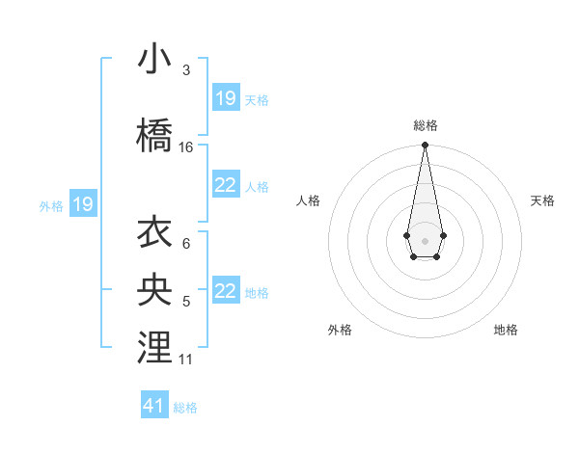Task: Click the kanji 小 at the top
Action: [155, 60]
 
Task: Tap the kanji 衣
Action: [155, 233]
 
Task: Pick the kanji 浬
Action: [155, 348]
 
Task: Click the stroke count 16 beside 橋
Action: [185, 147]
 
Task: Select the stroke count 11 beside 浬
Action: [185, 360]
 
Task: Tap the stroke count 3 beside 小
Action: [185, 70]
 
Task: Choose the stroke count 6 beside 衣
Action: [185, 244]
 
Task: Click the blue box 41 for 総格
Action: [154, 406]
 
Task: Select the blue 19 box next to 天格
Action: [226, 97]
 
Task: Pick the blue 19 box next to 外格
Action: [83, 203]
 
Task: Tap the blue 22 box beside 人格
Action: [226, 185]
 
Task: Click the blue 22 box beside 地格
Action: [226, 291]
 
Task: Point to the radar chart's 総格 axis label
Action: [425, 125]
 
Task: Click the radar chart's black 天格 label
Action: [542, 200]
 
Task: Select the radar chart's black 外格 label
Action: [340, 330]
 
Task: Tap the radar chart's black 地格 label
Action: [506, 330]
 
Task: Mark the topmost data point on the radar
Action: [425, 146]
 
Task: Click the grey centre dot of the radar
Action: [425, 239]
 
